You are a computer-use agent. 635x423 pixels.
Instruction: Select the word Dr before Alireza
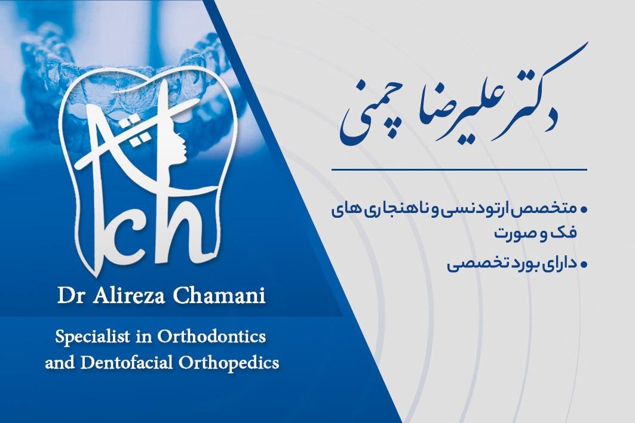69,297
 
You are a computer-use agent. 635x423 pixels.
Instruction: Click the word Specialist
88,336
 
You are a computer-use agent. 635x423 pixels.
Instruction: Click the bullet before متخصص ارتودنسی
584,209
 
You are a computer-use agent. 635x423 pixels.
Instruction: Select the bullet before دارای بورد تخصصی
584,263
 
